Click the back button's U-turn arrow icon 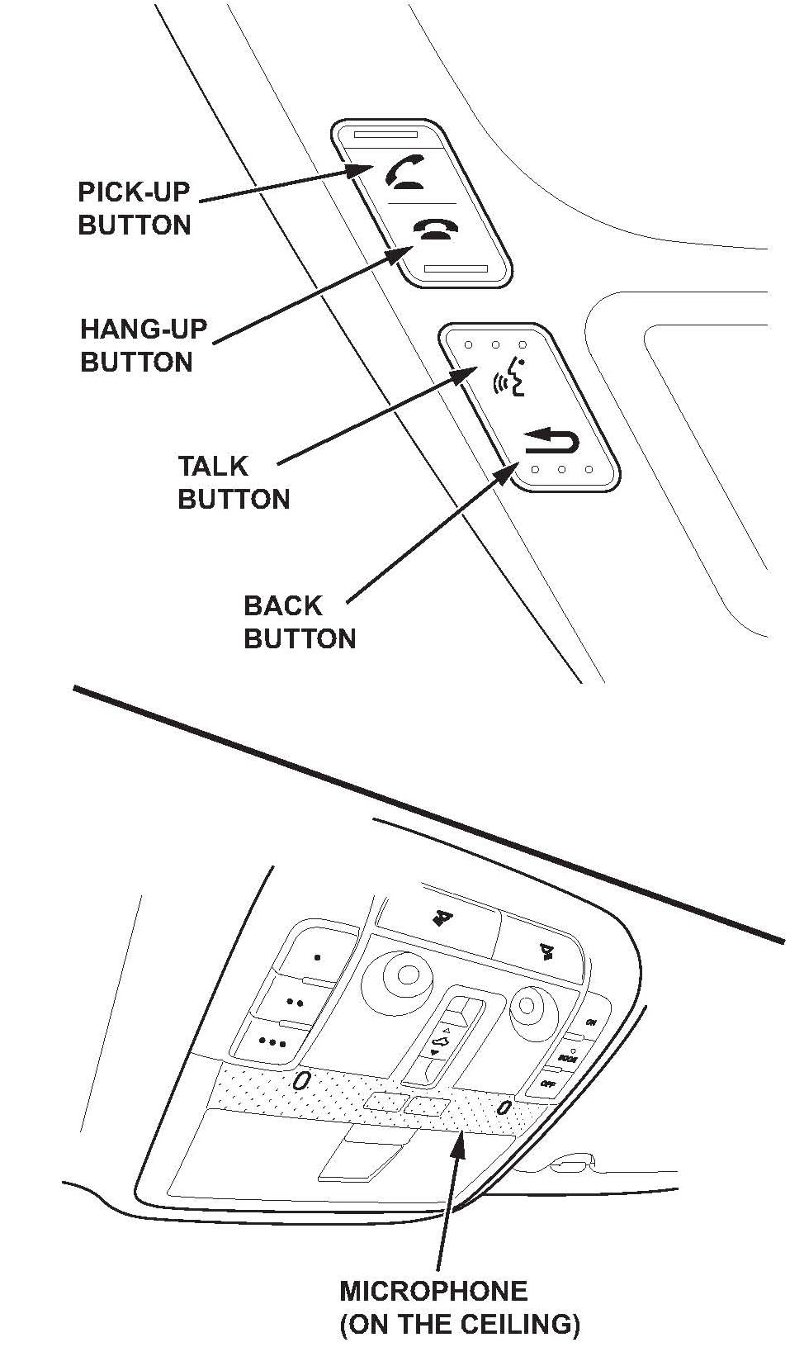click(552, 442)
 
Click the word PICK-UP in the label click(134, 192)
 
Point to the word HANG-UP click(144, 330)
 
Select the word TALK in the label click(213, 467)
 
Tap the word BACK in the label click(282, 606)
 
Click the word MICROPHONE click(433, 1291)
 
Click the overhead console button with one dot click(317, 958)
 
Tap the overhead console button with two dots click(295, 1002)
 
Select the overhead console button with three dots click(272, 1041)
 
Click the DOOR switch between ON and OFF click(567, 1057)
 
